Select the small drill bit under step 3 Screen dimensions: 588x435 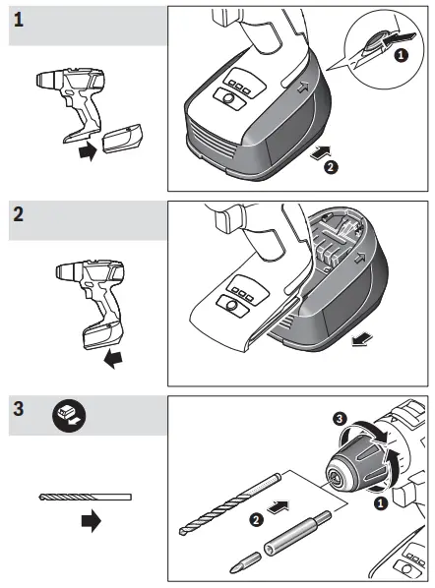pos(85,496)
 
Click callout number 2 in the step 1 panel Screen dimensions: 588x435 pos(331,168)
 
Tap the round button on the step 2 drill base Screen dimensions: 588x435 pos(231,307)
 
